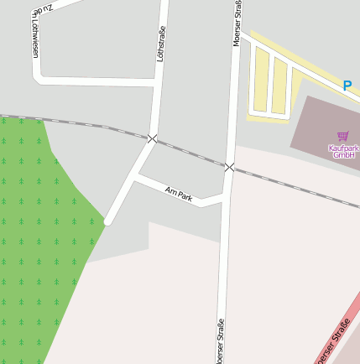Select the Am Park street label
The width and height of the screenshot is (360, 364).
tap(179, 195)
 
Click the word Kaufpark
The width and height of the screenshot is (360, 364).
tap(343, 148)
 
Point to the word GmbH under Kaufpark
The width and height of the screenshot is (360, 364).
tap(344, 155)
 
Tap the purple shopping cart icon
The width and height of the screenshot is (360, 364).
tap(342, 136)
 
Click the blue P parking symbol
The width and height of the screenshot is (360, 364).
tap(347, 85)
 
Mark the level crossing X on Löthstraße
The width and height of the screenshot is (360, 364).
tap(152, 138)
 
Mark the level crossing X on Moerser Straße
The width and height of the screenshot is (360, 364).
tap(229, 167)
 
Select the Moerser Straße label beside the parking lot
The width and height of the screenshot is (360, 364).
tap(237, 23)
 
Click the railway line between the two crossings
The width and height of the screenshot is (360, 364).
tap(191, 153)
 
